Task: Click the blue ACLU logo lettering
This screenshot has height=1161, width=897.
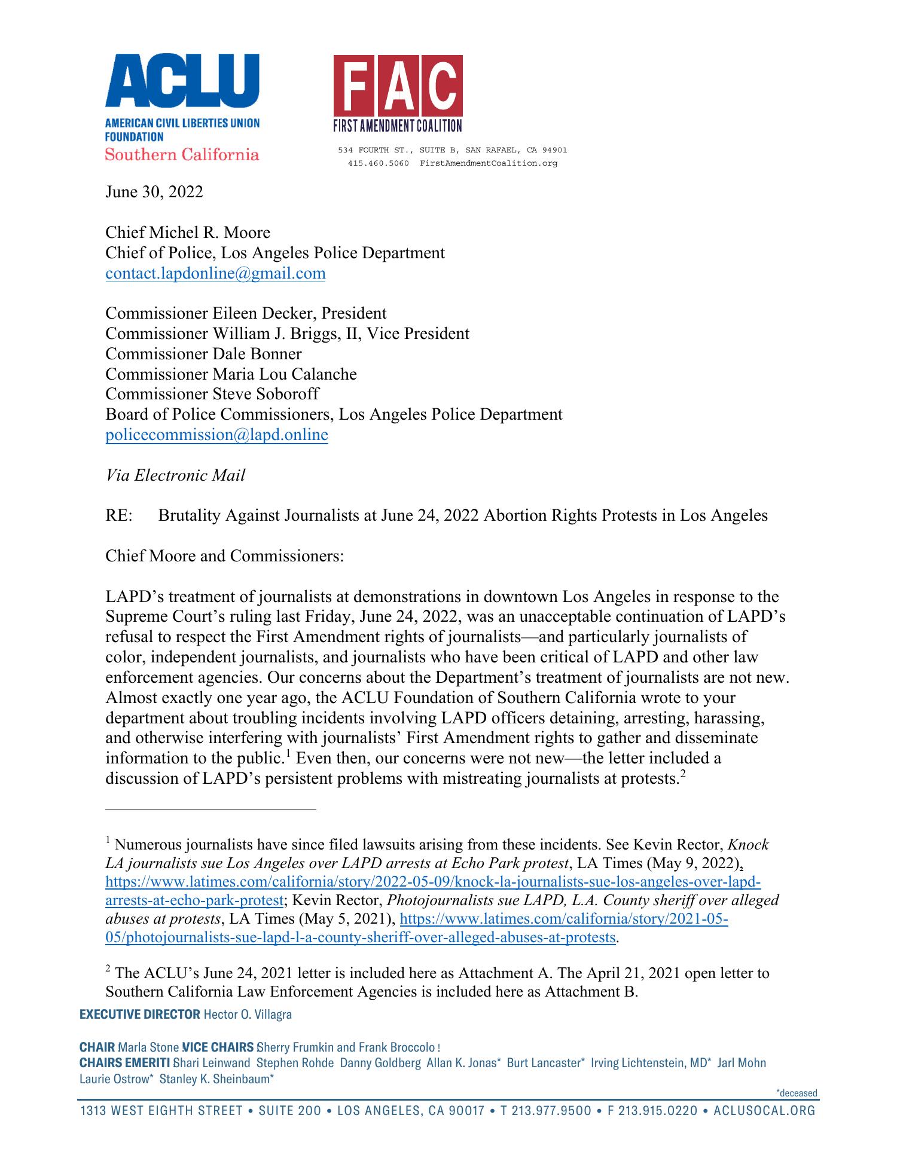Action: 182,81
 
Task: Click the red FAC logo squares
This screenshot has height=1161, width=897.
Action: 398,85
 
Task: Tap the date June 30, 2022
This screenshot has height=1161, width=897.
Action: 154,192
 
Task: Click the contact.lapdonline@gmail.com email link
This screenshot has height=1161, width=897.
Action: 215,273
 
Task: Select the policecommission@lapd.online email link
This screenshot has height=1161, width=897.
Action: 216,435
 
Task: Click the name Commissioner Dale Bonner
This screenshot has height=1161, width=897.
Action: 203,354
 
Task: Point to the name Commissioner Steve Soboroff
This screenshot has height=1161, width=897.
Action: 212,394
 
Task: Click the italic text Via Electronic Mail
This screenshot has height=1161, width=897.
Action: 175,475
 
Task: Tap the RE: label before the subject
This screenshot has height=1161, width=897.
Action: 118,515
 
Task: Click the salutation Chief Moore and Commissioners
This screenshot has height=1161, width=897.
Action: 224,556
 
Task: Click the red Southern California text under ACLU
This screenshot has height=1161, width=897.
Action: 182,155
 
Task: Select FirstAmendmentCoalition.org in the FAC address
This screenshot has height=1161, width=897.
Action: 488,163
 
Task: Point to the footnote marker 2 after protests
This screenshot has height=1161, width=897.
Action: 689,774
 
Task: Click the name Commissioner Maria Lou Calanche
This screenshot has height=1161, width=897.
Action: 231,374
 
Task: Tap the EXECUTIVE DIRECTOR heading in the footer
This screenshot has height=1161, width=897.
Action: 140,1015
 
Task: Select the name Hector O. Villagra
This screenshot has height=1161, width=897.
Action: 248,1015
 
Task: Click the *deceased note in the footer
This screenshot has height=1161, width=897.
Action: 796,1093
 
